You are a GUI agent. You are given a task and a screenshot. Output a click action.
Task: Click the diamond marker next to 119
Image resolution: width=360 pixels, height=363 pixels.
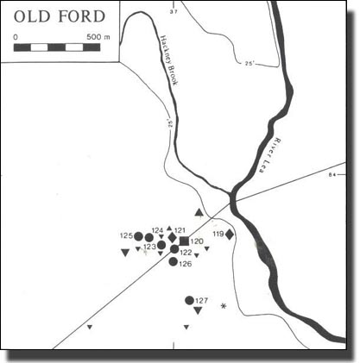pyautogui.click(x=230, y=234)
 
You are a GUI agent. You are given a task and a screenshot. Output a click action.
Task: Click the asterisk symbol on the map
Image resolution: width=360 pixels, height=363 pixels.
pyautogui.click(x=224, y=306)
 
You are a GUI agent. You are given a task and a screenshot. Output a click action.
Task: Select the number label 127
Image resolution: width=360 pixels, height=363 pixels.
pyautogui.click(x=202, y=300)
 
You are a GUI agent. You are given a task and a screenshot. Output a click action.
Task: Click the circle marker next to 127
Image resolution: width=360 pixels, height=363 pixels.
pyautogui.click(x=189, y=300)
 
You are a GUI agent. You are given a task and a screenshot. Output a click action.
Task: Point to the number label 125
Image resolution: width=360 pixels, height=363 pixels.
pyautogui.click(x=126, y=235)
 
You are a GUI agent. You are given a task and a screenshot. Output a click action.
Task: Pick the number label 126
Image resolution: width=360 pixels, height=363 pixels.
pyautogui.click(x=186, y=264)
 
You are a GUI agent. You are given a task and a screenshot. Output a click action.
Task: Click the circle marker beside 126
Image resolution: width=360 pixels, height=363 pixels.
pyautogui.click(x=174, y=262)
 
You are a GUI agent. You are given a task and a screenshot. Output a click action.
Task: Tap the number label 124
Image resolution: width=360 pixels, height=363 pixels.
pyautogui.click(x=157, y=230)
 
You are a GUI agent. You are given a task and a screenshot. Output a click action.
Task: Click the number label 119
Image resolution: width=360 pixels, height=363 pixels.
pyautogui.click(x=217, y=234)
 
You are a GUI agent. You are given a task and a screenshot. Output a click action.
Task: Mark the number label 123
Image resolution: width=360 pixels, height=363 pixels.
pyautogui.click(x=149, y=247)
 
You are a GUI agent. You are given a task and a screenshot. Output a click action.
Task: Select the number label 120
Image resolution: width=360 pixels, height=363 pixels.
pyautogui.click(x=197, y=241)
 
